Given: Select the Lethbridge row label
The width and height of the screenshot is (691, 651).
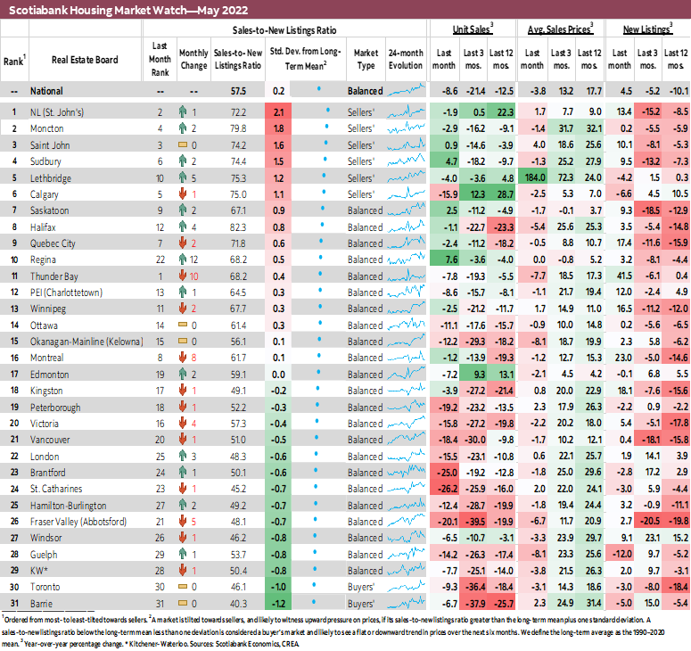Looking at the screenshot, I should (x=52, y=177).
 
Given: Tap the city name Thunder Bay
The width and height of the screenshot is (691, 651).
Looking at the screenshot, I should (x=53, y=276).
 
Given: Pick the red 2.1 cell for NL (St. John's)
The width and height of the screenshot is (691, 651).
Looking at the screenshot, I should (x=278, y=111).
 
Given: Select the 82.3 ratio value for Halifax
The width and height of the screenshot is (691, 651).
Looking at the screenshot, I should (x=238, y=227).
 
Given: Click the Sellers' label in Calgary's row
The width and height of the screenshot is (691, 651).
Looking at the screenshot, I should (x=362, y=194).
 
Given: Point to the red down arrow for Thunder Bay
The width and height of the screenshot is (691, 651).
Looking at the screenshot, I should (x=182, y=276).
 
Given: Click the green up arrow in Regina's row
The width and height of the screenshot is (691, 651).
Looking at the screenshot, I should (x=182, y=260).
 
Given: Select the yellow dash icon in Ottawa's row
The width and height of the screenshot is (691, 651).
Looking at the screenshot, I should (x=182, y=325).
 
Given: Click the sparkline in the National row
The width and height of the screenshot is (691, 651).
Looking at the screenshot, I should (x=405, y=90).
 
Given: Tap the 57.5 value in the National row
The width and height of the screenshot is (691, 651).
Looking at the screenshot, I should (x=238, y=90).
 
